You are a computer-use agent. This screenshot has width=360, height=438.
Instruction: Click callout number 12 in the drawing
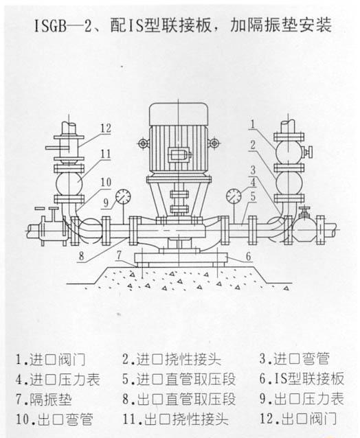pos(106,128)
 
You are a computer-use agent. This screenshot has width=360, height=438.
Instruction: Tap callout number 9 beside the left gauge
pos(106,203)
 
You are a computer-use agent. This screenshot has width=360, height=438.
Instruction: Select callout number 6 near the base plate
pos(248,256)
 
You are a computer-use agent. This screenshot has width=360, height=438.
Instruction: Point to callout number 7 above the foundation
pos(119,255)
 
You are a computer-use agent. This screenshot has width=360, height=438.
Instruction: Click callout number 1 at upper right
pos(253,124)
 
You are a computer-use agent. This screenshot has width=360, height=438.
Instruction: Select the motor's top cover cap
pos(179,114)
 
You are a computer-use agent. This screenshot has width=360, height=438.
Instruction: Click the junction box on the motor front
pos(179,154)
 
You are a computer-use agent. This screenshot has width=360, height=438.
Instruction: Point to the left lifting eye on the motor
pos(143,143)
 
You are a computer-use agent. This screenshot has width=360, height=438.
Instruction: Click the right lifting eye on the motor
pos(214,143)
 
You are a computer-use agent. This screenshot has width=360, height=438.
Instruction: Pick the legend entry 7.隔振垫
pos(43,399)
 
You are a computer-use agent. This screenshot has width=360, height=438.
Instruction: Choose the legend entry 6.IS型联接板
pos(302,379)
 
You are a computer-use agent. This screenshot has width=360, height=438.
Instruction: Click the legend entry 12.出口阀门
pos(298,419)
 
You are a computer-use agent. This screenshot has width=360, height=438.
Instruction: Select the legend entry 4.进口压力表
pos(58,380)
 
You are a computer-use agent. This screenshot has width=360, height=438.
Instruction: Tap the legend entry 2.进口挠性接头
pos(172,359)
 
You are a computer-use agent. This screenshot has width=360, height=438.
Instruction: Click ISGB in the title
pos(50,26)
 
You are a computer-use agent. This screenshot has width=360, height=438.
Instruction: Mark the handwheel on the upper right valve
pos(309,152)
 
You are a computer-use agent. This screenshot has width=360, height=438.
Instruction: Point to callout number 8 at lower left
pos(81,255)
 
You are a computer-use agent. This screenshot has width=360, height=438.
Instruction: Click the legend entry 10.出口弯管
pos(54,419)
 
